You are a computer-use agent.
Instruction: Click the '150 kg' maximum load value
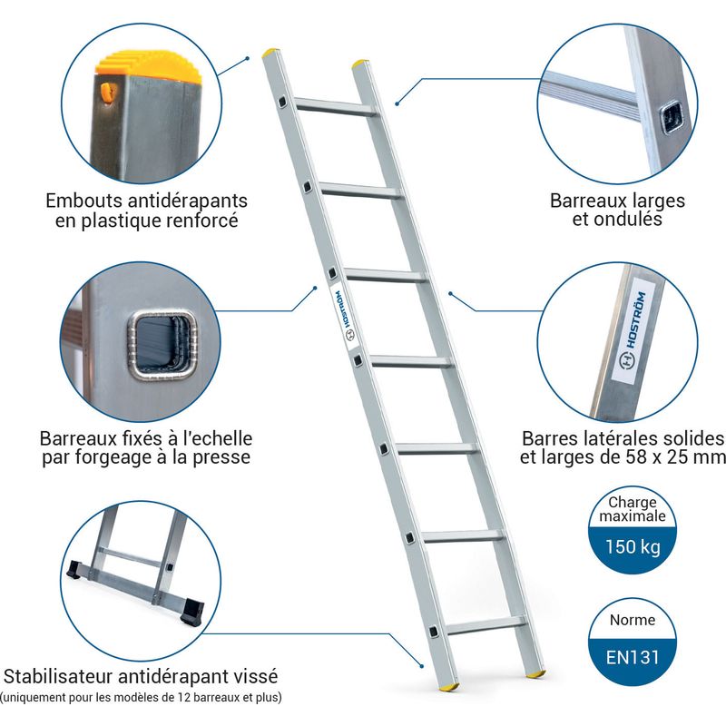633,547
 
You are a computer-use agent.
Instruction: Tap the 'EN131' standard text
633,657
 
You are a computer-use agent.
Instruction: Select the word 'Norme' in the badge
633,620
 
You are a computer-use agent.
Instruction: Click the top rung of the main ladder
335,107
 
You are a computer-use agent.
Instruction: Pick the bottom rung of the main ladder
486,626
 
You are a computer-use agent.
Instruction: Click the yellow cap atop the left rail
270,52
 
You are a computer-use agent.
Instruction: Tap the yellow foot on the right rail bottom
535,674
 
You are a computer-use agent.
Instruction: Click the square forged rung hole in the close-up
162,345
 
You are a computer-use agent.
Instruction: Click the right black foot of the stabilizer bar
193,611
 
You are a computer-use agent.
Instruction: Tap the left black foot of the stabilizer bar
74,570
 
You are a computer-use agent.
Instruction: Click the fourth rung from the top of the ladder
412,361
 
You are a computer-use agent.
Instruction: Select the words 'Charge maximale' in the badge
633,509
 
